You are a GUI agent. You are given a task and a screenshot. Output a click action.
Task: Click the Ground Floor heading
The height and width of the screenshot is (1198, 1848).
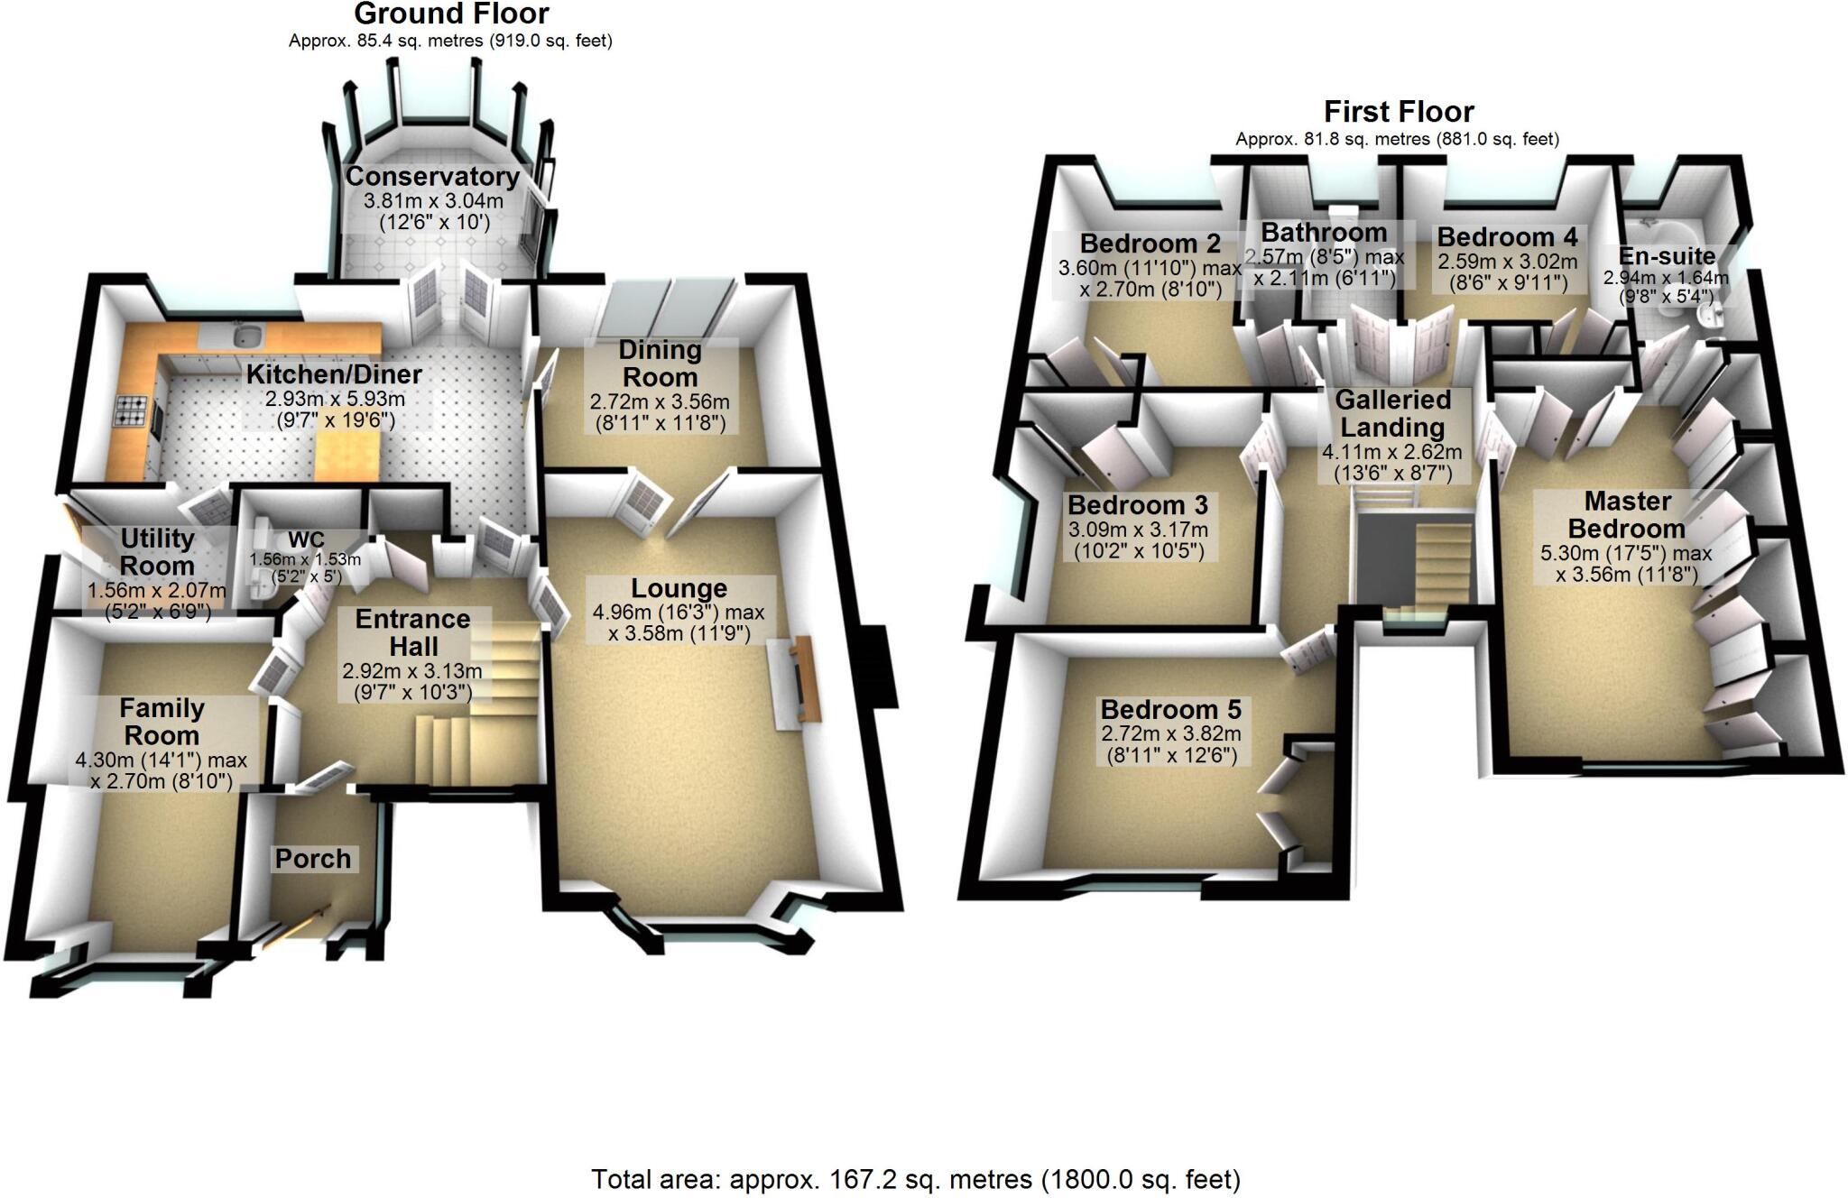click(x=451, y=14)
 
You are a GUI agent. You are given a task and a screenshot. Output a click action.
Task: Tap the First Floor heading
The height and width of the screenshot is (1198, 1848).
click(x=1399, y=112)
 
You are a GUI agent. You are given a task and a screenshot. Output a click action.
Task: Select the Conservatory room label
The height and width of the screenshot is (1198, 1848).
click(x=432, y=176)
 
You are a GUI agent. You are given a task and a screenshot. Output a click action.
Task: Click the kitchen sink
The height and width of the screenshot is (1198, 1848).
click(x=246, y=336)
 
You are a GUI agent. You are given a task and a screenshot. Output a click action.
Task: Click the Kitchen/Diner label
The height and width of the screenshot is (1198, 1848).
click(x=334, y=374)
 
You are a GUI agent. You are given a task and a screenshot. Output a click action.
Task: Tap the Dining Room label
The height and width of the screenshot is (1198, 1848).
click(x=660, y=364)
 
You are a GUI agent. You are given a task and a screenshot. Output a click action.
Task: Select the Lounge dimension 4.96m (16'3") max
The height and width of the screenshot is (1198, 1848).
click(x=678, y=613)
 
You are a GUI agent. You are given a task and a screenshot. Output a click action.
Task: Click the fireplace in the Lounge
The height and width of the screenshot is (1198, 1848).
click(x=799, y=679)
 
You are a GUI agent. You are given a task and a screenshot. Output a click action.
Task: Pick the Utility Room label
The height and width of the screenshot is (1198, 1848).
click(x=157, y=552)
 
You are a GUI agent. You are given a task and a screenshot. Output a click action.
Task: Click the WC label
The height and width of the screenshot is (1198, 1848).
click(x=306, y=540)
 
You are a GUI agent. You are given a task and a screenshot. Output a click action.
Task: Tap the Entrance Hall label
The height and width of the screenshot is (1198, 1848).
click(x=412, y=632)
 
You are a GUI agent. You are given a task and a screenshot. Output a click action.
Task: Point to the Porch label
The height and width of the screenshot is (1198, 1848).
click(x=313, y=859)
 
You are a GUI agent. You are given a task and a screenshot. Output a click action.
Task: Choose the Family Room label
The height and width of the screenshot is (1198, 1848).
click(x=162, y=722)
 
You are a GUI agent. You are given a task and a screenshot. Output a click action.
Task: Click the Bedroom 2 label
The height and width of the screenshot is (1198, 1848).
click(x=1150, y=244)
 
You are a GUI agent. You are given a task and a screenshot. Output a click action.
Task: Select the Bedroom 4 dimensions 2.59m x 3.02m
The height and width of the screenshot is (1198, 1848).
click(x=1507, y=263)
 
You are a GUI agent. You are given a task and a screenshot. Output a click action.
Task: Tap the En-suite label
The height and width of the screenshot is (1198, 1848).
click(x=1666, y=256)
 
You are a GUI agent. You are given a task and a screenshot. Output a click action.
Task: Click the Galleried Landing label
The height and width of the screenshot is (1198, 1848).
click(x=1392, y=413)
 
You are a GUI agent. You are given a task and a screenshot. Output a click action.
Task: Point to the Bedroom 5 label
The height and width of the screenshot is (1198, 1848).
click(x=1170, y=710)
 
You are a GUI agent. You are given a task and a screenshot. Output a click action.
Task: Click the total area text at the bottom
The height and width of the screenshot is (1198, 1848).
click(x=915, y=1179)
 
